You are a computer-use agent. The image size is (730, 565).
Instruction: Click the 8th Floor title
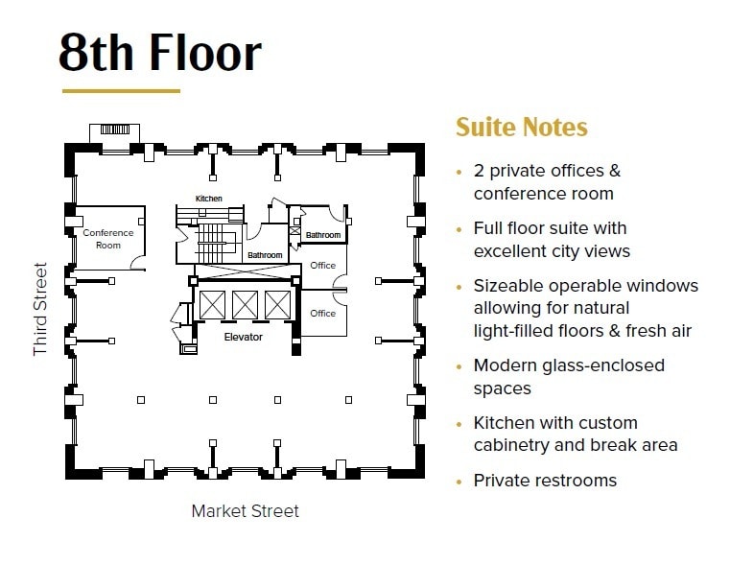(x=159, y=53)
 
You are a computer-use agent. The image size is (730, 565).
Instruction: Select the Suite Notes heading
(x=521, y=128)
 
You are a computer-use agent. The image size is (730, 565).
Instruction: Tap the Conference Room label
(x=107, y=239)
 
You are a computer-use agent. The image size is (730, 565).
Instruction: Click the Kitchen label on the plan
(x=208, y=199)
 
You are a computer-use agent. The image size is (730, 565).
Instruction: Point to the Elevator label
(x=243, y=337)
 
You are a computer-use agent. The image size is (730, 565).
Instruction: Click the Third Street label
(x=40, y=309)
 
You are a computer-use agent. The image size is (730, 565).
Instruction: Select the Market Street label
(x=245, y=510)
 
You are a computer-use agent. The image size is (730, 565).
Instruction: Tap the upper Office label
(x=323, y=266)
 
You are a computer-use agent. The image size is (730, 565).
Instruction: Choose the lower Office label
(x=323, y=313)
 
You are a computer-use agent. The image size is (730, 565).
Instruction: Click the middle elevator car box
(x=244, y=305)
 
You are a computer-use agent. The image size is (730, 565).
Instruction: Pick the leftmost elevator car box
(x=211, y=305)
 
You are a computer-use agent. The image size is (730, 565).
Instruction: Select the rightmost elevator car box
(x=276, y=305)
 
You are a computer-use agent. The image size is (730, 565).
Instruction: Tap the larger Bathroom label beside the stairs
(x=265, y=255)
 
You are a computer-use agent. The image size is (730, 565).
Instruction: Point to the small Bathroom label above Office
(x=323, y=235)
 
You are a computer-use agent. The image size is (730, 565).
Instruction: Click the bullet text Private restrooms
(x=545, y=481)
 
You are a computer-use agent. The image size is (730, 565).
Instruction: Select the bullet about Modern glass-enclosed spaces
(x=569, y=377)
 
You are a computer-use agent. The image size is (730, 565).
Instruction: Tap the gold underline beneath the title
(x=121, y=91)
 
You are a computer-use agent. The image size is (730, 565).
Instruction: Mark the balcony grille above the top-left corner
(x=114, y=129)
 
